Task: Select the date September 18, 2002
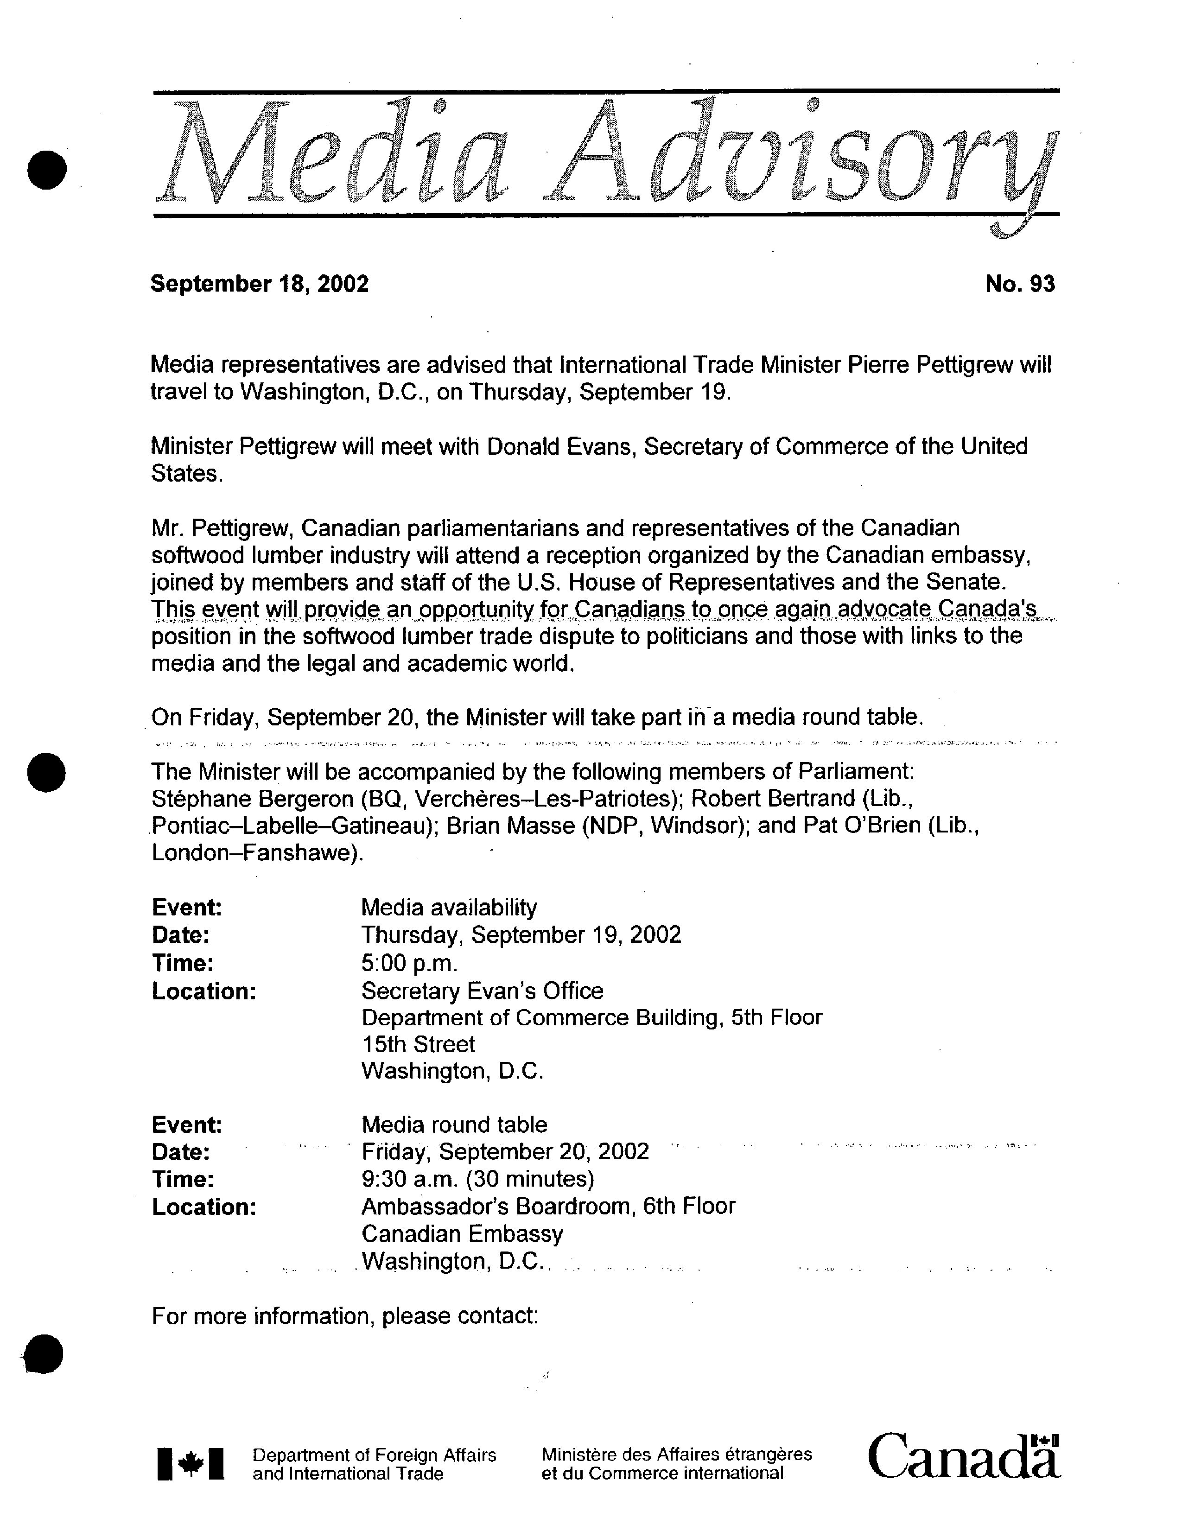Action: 260,284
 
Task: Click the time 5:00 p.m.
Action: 409,963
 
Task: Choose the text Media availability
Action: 449,908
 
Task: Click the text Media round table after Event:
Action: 454,1125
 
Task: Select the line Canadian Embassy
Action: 462,1234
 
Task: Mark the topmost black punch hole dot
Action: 47,169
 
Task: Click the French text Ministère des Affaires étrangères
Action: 677,1455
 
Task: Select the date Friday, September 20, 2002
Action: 505,1152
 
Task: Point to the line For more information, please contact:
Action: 344,1316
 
